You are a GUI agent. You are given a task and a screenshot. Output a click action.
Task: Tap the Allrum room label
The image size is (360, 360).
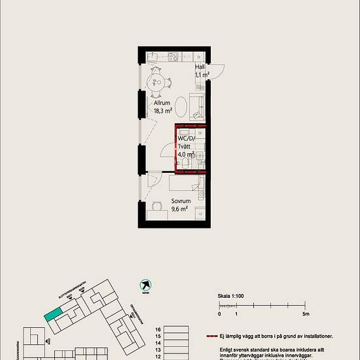162,103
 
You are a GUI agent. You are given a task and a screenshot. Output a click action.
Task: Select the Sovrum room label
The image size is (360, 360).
180,202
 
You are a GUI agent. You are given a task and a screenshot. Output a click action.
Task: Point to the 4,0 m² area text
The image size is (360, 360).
185,154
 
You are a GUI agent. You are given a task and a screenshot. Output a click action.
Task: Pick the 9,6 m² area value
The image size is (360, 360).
179,209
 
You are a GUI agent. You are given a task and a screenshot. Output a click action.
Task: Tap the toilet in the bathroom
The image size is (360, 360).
188,163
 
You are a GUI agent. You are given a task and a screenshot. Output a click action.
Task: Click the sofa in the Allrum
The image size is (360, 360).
196,105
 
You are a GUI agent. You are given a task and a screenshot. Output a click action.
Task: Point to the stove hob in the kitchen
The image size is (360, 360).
173,57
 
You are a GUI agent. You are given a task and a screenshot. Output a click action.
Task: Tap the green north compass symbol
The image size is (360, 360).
145,285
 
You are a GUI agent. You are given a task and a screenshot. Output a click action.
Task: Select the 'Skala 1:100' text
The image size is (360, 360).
231,296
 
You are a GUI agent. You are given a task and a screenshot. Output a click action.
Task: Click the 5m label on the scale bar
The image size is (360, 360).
305,314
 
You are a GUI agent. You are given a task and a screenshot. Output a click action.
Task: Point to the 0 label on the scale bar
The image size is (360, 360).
219,314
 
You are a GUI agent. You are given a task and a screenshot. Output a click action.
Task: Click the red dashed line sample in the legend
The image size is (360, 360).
220,336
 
